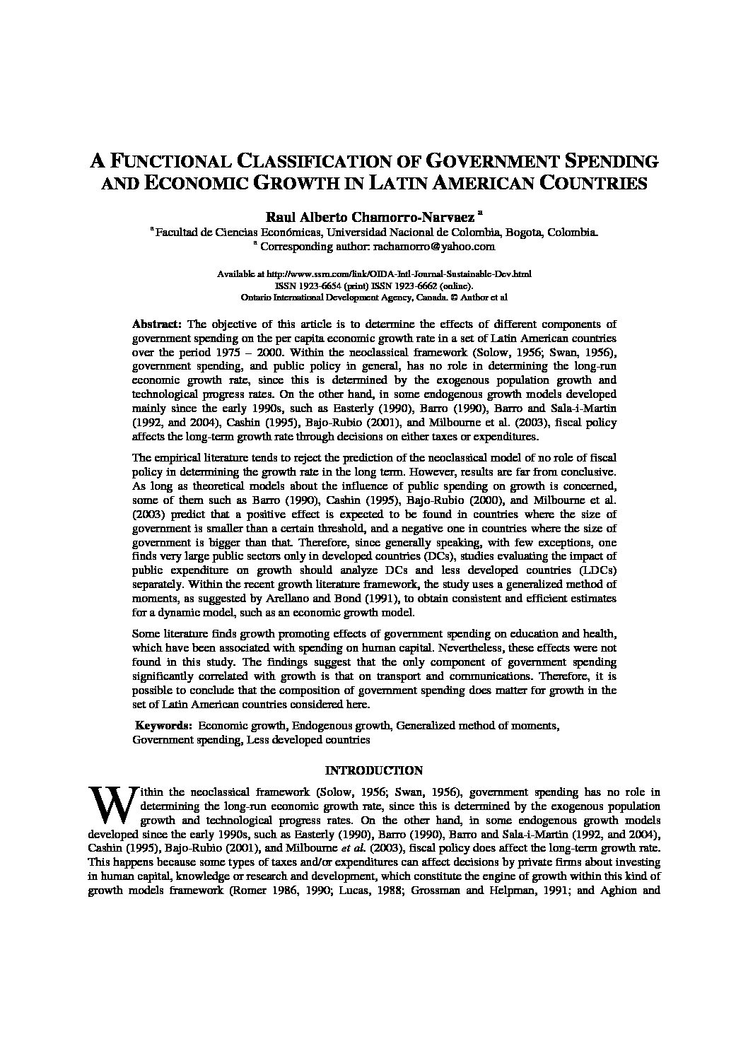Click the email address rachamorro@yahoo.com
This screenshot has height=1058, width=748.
point(431,247)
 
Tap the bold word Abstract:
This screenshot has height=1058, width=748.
point(157,324)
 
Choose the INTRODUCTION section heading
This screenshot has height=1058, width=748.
point(373,770)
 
